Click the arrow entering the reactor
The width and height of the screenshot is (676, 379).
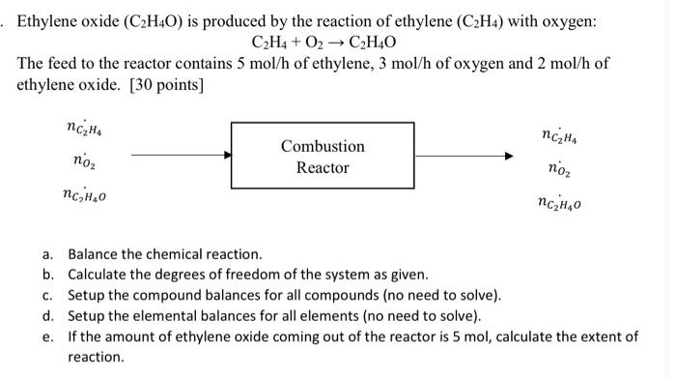click(182, 154)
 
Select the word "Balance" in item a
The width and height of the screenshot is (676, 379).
click(93, 254)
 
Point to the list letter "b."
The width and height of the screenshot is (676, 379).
click(47, 275)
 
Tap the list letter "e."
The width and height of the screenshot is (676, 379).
click(47, 336)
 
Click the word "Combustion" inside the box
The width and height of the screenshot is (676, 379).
click(323, 146)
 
